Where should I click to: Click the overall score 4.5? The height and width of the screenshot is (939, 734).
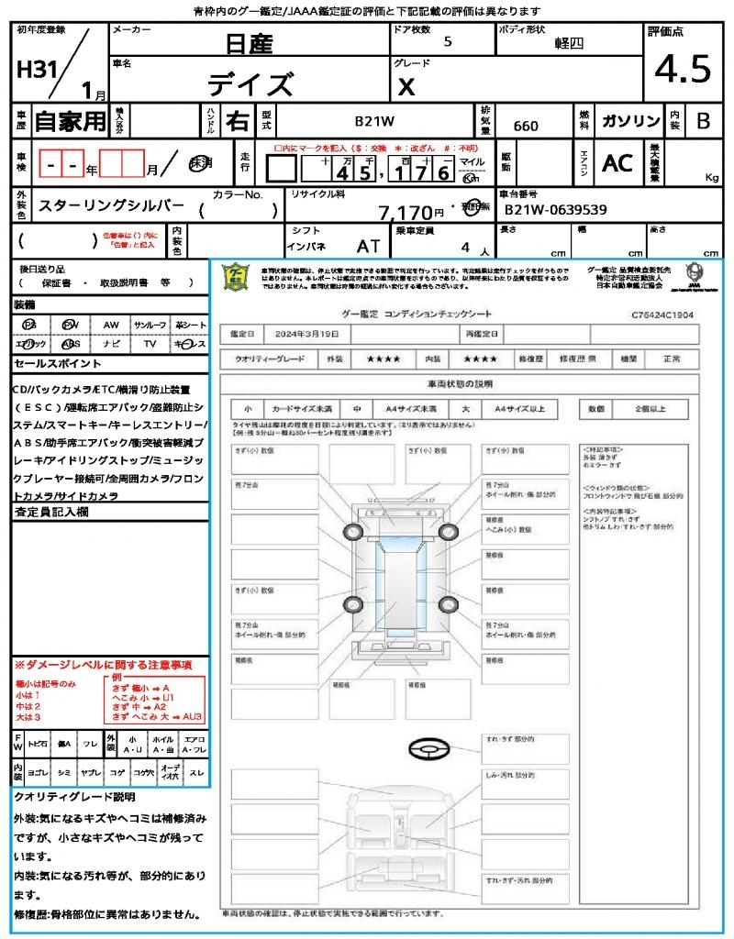[683, 70]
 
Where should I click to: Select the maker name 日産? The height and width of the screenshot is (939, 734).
[250, 43]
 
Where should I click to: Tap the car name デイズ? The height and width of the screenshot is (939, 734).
[250, 85]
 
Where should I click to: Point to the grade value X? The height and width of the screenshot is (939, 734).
[406, 87]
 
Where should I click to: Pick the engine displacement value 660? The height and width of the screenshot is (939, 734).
[526, 126]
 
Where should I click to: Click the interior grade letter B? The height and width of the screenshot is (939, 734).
[703, 121]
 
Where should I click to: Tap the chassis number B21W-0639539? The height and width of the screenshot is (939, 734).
[555, 210]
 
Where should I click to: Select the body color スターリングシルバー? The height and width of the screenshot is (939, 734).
[110, 207]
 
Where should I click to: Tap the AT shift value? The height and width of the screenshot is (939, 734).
[368, 247]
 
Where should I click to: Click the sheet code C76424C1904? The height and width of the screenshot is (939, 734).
[662, 315]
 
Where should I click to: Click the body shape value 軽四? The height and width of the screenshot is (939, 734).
[569, 43]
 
